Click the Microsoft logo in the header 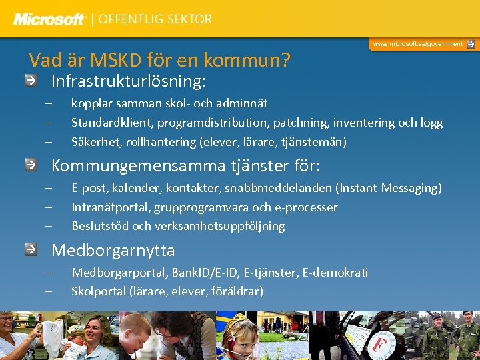(x=50, y=19)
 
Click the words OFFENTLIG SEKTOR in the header (x=155, y=19)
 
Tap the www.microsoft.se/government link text (x=417, y=44)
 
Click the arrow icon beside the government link (x=471, y=44)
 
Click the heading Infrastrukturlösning (x=129, y=81)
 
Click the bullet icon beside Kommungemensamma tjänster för (x=31, y=164)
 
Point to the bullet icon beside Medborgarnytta (x=31, y=249)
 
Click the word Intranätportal (x=111, y=207)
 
